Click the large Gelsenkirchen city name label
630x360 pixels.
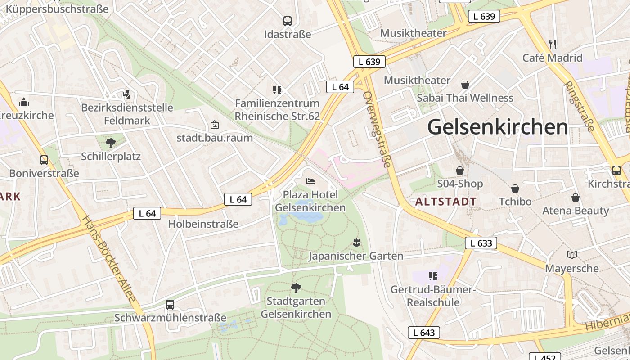498,127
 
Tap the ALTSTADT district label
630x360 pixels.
446,202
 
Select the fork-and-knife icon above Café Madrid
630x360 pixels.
553,45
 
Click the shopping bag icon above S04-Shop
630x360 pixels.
460,171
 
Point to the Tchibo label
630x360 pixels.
515,202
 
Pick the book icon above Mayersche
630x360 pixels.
572,255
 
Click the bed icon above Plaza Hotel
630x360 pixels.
310,181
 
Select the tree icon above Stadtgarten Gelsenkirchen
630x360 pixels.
296,288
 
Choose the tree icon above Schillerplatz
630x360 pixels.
111,144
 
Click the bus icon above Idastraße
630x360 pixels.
288,21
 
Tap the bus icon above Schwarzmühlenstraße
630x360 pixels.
170,305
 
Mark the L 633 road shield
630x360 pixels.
481,243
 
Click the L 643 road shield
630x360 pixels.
424,333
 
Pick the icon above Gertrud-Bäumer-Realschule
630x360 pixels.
433,276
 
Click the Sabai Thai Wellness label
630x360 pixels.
465,98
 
